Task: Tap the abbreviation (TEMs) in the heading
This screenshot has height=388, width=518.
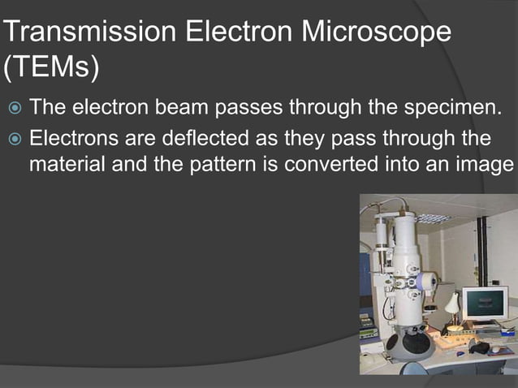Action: point(51,68)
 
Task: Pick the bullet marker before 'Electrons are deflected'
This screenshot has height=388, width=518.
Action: point(13,137)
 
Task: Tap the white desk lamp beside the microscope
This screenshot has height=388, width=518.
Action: point(451,304)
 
